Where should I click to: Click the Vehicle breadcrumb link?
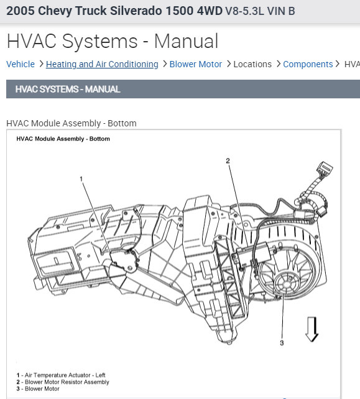[x=21, y=64]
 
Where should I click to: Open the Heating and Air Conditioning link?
[x=102, y=64]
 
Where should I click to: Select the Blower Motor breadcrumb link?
[x=195, y=64]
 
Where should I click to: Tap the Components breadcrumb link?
[x=308, y=64]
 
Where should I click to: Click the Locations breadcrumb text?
[x=252, y=64]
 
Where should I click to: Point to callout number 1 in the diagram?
[x=81, y=179]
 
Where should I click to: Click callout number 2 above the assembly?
[x=228, y=161]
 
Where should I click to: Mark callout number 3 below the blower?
[x=282, y=343]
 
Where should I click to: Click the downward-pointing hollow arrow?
[x=312, y=329]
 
